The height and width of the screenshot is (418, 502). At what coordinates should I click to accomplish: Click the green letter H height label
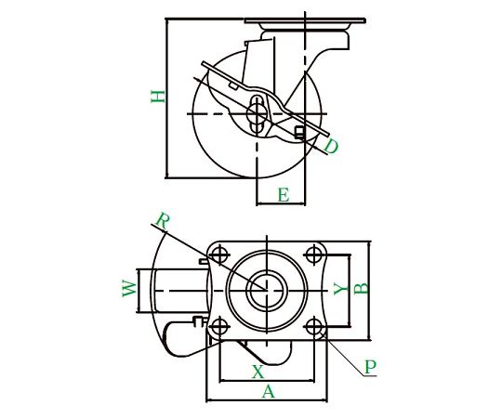click(158, 97)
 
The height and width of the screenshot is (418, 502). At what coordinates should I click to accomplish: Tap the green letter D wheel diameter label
click(331, 146)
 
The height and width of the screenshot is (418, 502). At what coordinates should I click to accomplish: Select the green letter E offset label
click(284, 195)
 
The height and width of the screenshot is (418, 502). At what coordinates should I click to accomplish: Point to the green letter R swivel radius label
click(163, 221)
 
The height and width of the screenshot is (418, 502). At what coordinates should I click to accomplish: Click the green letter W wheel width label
click(129, 288)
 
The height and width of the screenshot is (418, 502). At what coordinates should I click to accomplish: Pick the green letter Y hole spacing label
click(340, 288)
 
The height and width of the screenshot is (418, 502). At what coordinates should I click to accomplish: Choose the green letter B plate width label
click(362, 288)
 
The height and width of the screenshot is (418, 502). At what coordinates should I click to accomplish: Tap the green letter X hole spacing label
click(258, 372)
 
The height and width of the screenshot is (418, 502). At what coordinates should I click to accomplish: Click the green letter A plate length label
click(269, 391)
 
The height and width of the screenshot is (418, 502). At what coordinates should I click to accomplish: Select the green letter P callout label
click(370, 367)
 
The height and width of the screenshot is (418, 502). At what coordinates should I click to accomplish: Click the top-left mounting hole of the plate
click(219, 255)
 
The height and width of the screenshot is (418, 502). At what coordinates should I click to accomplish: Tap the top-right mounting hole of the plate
click(314, 255)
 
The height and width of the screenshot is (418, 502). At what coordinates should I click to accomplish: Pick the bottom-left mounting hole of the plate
click(219, 327)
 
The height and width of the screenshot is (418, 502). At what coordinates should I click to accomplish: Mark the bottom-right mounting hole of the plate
click(314, 327)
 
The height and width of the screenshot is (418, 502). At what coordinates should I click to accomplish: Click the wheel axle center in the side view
click(257, 113)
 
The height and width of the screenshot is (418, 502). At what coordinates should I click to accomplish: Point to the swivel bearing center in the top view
click(267, 291)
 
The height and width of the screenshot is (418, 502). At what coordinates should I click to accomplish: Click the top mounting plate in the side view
click(305, 20)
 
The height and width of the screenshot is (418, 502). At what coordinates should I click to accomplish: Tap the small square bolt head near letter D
click(299, 133)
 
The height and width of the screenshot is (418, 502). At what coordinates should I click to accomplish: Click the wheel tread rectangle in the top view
click(179, 291)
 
